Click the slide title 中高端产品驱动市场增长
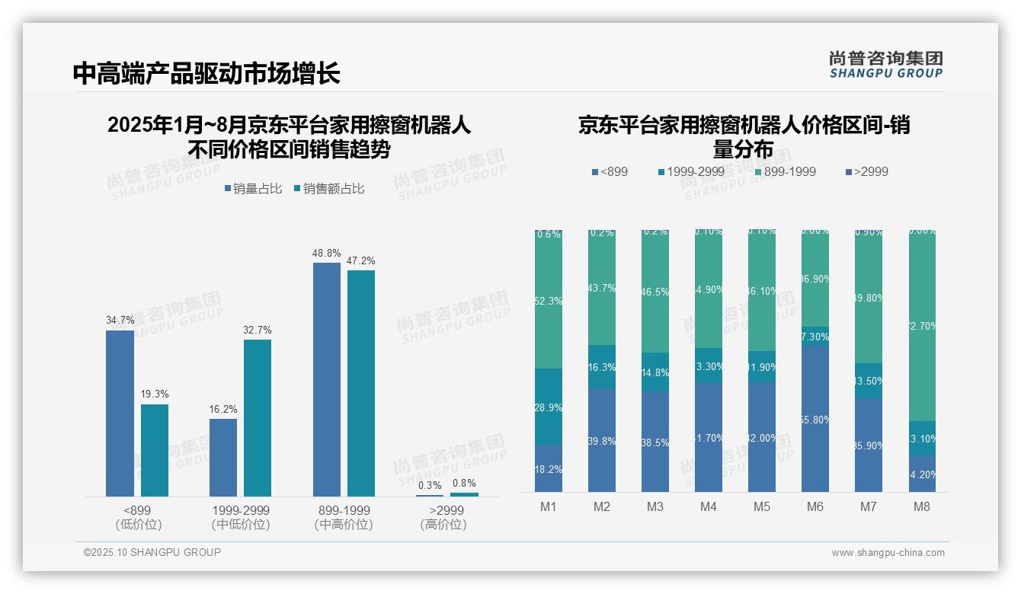pos(206,73)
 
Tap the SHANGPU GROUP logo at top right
pos(885,65)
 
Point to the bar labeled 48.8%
pos(326,379)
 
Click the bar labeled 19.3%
pos(155,450)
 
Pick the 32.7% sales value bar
pos(258,417)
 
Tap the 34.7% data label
pos(120,321)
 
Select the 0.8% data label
pos(463,483)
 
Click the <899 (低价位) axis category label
pos(138,517)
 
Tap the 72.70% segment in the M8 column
pos(922,326)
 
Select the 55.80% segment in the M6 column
pos(815,419)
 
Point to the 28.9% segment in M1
pos(549,407)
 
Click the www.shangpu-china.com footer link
pos(888,553)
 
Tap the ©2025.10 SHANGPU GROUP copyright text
pos(152,552)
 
